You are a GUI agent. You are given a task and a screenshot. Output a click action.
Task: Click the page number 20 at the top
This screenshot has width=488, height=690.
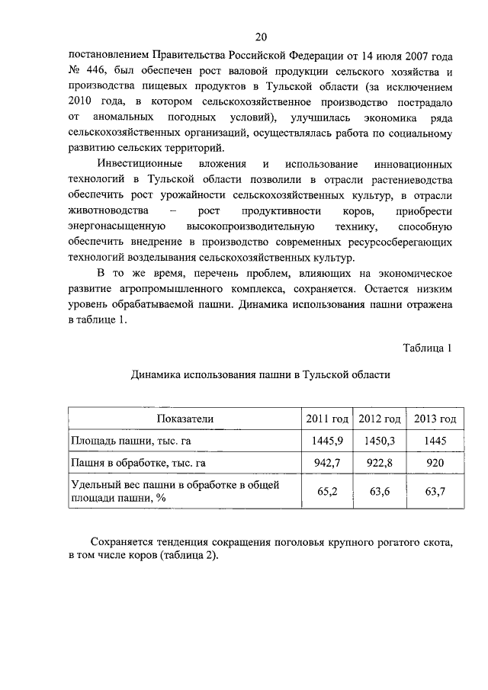(260, 37)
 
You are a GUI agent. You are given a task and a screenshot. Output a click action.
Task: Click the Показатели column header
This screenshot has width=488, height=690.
(185, 419)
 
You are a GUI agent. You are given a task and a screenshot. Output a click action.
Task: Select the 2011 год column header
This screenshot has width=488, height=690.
(327, 419)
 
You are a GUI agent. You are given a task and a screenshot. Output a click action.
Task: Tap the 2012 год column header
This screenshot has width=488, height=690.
(380, 419)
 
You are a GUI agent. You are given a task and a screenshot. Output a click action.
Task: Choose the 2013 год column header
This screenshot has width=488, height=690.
(435, 419)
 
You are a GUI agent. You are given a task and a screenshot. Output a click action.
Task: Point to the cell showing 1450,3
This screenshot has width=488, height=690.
(380, 440)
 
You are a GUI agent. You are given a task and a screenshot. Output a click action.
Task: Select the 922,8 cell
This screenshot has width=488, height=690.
(380, 462)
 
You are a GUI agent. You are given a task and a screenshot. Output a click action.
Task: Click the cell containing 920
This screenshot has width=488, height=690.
(435, 462)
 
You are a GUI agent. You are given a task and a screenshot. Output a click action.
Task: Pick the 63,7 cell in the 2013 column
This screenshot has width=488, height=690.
(435, 491)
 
